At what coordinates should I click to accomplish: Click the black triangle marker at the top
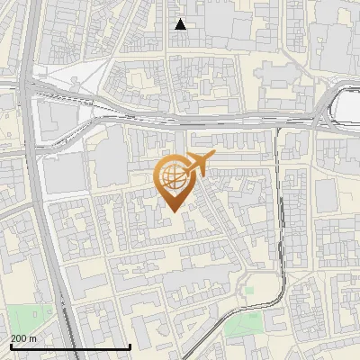tap(181, 24)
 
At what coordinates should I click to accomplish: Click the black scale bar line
tap(70, 346)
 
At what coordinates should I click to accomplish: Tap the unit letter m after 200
tap(33, 337)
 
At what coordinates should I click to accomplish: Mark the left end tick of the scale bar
tap(11, 346)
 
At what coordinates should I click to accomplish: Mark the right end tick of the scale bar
tap(130, 346)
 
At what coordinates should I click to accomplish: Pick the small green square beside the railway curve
tap(248, 292)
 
